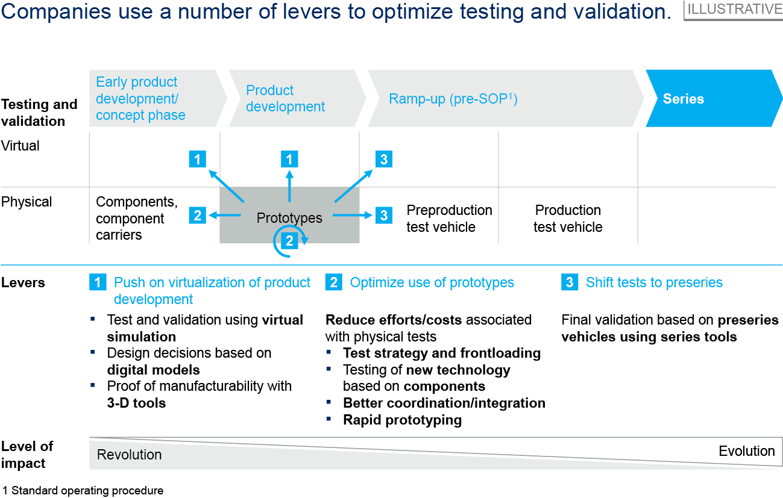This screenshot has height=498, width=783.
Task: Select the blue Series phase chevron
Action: [711, 99]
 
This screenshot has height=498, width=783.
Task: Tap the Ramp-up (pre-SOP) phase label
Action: [453, 99]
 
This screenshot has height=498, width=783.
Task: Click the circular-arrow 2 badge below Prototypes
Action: [289, 241]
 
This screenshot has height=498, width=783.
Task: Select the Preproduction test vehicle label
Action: [449, 219]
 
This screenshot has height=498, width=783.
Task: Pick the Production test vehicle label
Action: [568, 219]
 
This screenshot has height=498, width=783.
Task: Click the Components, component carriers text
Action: [136, 219]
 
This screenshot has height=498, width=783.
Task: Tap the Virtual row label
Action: [20, 146]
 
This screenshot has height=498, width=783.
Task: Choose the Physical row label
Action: [27, 202]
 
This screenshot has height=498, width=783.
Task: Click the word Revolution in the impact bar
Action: [129, 455]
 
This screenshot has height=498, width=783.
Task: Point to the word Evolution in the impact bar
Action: [747, 451]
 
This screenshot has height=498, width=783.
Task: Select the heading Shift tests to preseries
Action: [654, 282]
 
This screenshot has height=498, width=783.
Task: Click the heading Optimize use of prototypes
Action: [432, 282]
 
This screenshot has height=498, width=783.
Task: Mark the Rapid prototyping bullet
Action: [402, 420]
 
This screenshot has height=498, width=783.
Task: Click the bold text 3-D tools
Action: [136, 402]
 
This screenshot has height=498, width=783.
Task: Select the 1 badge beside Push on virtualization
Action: [98, 282]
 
